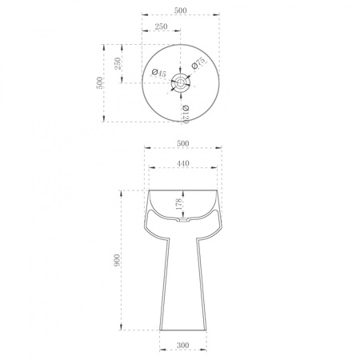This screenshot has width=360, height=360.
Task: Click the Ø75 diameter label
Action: pyautogui.click(x=199, y=63)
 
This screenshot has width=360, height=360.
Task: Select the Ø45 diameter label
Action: pyautogui.click(x=158, y=73)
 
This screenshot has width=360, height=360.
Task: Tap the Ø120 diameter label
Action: pyautogui.click(x=186, y=114)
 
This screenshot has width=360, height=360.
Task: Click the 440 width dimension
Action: pyautogui.click(x=183, y=163)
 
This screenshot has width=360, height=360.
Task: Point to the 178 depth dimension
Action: pyautogui.click(x=179, y=204)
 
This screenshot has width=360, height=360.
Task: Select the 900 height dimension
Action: pyautogui.click(x=117, y=260)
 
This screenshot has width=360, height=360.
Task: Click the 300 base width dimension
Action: pyautogui.click(x=183, y=345)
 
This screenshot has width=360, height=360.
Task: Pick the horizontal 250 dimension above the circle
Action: pyautogui.click(x=161, y=26)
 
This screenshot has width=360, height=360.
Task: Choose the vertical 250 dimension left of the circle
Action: pyautogui.click(x=118, y=63)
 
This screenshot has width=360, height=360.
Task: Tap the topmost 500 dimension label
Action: pyautogui.click(x=181, y=10)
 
